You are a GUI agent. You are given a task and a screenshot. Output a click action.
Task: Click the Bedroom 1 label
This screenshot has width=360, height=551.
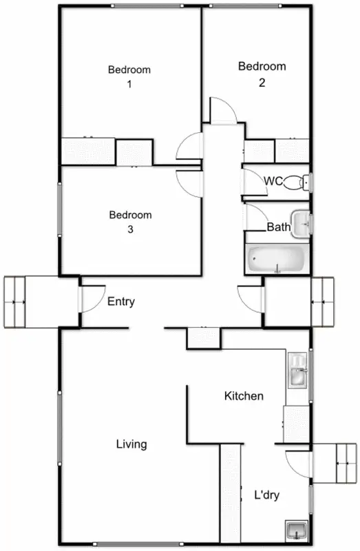[129, 76]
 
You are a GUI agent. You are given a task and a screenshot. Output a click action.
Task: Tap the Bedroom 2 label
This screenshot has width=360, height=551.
[262, 74]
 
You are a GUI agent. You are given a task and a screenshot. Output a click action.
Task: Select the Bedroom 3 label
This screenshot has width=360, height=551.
[130, 222]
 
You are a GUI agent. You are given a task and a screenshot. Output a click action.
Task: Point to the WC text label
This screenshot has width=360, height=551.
[273, 181]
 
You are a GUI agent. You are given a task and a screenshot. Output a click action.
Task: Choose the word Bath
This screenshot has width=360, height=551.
[278, 226]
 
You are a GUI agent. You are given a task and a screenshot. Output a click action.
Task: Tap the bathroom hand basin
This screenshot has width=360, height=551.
[301, 222]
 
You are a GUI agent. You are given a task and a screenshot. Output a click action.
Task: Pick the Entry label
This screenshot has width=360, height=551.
[121, 302]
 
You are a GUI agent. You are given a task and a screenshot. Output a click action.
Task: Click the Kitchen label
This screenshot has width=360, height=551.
[244, 396]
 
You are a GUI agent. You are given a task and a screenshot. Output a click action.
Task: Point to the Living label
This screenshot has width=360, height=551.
[131, 444]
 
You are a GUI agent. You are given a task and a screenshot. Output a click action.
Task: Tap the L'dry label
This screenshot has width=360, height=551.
[266, 495]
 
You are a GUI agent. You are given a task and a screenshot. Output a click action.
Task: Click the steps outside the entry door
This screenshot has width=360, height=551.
[23, 302]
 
